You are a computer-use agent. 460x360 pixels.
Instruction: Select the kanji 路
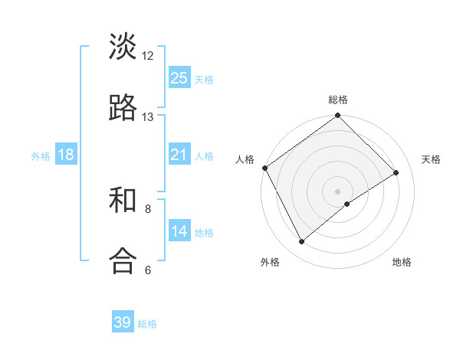(x=123, y=108)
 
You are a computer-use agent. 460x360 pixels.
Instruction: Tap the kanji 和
(x=123, y=201)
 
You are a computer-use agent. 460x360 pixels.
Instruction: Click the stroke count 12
(x=148, y=55)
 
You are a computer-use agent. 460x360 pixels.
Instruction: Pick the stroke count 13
(x=148, y=117)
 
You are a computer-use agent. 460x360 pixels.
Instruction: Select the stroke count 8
(x=148, y=208)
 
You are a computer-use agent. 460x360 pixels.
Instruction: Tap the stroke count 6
(x=148, y=270)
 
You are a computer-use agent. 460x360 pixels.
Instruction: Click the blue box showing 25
(x=179, y=77)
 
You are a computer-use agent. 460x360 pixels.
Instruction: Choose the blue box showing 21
(x=179, y=155)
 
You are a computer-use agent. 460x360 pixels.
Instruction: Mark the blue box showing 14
(x=179, y=231)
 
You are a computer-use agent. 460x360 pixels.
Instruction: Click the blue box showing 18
(x=66, y=155)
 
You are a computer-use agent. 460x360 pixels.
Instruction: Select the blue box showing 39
(x=123, y=322)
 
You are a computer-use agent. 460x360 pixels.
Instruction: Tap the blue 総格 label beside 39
(x=147, y=324)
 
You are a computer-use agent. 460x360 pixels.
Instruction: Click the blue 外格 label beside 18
(x=41, y=156)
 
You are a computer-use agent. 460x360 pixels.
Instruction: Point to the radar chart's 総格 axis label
(x=338, y=100)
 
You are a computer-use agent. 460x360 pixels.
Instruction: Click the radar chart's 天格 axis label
(x=432, y=159)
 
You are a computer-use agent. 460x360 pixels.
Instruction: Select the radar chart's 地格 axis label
(x=402, y=262)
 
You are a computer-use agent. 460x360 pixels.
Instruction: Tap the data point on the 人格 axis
(x=264, y=168)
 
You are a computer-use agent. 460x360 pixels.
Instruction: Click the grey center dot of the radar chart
(x=338, y=191)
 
